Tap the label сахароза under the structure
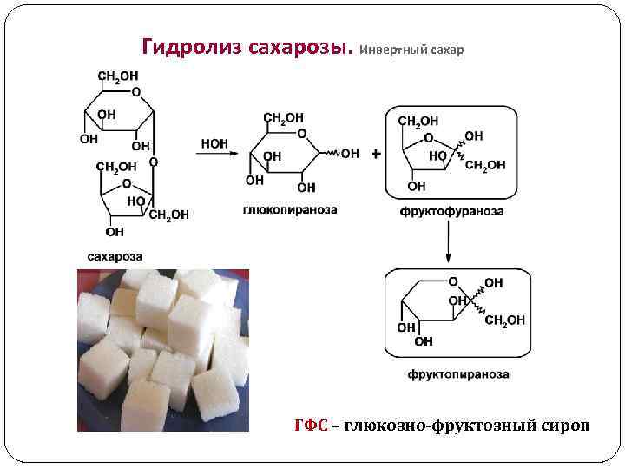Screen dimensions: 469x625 115,255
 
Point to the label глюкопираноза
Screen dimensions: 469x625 279,209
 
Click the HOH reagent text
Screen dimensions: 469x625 214,143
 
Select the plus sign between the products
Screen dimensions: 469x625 375,154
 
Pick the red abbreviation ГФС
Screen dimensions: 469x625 311,425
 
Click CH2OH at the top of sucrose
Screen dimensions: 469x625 117,76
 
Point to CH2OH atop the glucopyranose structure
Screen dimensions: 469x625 283,118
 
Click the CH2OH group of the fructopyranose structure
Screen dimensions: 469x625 504,320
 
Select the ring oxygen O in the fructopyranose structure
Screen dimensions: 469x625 452,281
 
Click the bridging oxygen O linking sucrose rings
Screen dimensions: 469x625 153,162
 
